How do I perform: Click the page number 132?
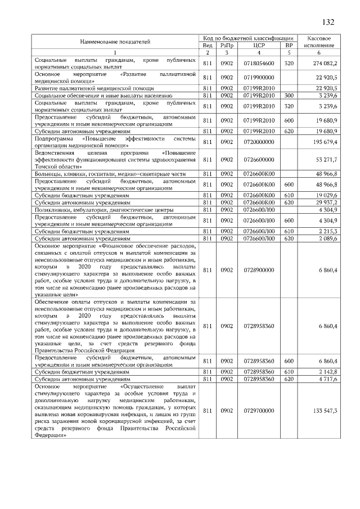328,22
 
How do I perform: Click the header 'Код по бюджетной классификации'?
249,37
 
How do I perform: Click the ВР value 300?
289,96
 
